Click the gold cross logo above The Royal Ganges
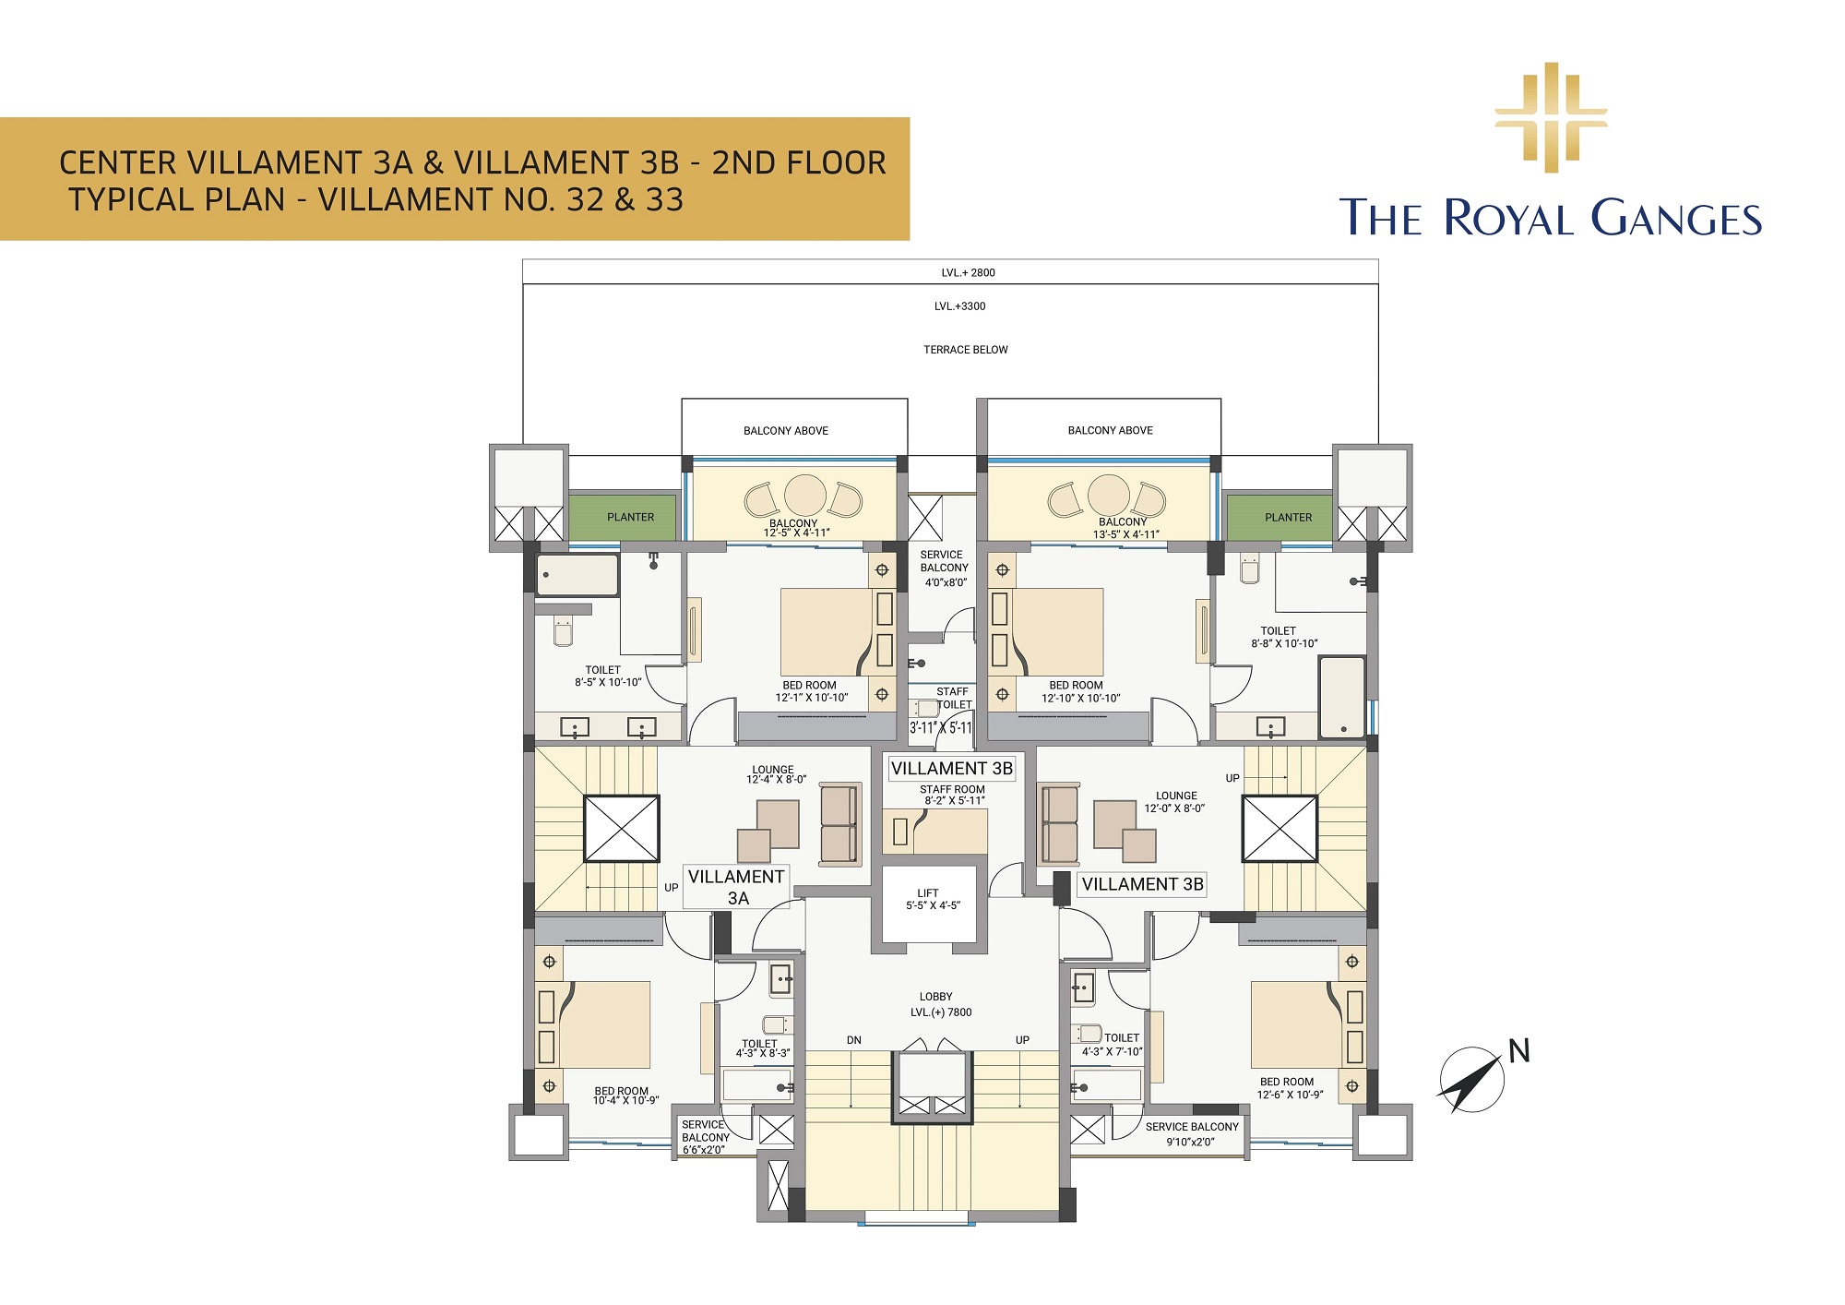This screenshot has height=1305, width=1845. point(1551,117)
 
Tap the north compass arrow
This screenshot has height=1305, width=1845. point(1473,1079)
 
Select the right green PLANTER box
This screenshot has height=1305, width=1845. point(1280,517)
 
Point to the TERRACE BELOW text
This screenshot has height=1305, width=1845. point(966,350)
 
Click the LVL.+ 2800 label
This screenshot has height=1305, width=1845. point(968,272)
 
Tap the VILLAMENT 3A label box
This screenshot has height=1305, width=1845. point(736,887)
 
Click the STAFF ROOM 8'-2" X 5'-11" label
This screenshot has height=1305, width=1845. point(953,795)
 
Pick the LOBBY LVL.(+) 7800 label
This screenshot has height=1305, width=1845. point(940,1004)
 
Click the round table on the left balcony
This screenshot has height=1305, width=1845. point(805,496)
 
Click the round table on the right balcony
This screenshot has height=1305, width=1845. point(1109,496)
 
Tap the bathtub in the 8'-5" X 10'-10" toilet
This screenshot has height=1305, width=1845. point(577,575)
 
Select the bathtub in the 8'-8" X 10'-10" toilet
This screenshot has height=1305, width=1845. point(1342,697)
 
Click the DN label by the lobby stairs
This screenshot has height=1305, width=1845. point(854,1040)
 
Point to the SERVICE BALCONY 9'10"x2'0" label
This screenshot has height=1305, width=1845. point(1192,1134)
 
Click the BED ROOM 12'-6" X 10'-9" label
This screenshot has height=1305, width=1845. point(1289,1088)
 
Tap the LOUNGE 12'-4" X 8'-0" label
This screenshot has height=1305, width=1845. point(776,774)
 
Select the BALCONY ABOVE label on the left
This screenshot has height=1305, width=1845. point(786,431)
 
